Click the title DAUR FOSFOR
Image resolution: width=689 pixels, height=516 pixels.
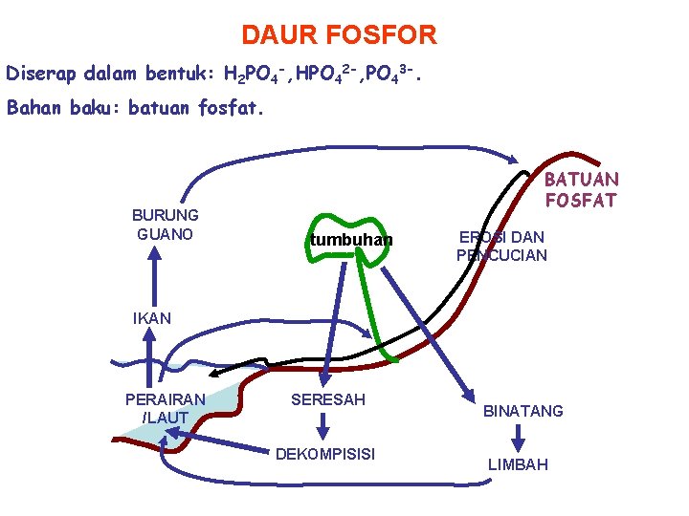339,36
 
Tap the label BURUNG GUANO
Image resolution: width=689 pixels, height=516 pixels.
166,225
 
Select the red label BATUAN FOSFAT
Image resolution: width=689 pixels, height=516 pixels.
582,189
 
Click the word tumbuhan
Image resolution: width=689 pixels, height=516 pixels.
350,240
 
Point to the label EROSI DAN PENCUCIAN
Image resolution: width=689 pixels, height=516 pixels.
501,247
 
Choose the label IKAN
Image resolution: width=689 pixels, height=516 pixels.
151,318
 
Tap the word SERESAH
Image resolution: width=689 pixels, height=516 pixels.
327,399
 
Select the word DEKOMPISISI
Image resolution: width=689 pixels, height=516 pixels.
325,453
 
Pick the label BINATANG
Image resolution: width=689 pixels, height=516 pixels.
522,411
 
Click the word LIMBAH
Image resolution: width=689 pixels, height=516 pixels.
518,464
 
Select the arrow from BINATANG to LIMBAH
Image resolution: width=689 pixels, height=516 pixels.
518,439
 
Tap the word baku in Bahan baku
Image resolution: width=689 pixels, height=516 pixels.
91,108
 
